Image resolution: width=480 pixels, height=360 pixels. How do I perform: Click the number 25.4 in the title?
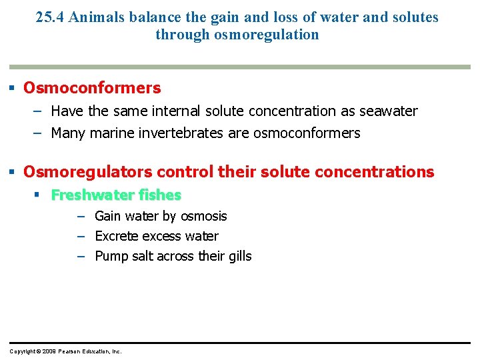pyautogui.click(x=49, y=17)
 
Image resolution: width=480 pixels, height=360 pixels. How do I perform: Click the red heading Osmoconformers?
pyautogui.click(x=92, y=88)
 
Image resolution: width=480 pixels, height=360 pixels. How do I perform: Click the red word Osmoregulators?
pyautogui.click(x=71, y=172)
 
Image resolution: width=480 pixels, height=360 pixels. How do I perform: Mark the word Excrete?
pyautogui.click(x=117, y=236)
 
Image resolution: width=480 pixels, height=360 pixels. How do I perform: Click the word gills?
pyautogui.click(x=239, y=256)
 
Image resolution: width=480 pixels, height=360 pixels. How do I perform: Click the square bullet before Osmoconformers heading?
pyautogui.click(x=13, y=88)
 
